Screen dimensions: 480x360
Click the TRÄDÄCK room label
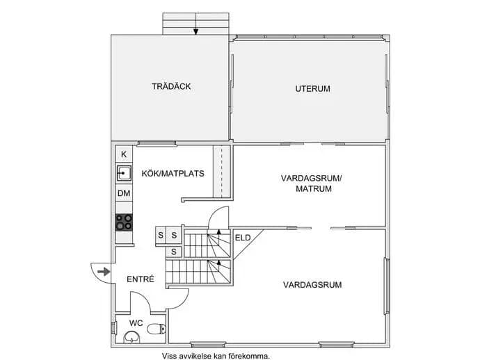171,87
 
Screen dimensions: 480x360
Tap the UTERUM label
312,89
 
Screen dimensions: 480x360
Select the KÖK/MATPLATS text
173,174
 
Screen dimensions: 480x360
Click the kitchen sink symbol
124,174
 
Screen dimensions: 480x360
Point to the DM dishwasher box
124,193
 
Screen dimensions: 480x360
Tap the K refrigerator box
124,154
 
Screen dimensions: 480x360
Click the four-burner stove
124,222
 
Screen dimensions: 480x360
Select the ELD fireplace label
243,238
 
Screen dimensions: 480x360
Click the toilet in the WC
157,329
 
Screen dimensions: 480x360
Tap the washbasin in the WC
131,337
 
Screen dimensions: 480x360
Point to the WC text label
136,323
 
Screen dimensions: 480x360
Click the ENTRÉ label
141,279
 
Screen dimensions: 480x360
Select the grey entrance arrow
104,272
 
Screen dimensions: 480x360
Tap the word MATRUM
314,189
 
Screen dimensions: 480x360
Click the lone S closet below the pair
174,252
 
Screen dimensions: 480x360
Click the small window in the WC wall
113,327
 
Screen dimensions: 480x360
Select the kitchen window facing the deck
157,143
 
